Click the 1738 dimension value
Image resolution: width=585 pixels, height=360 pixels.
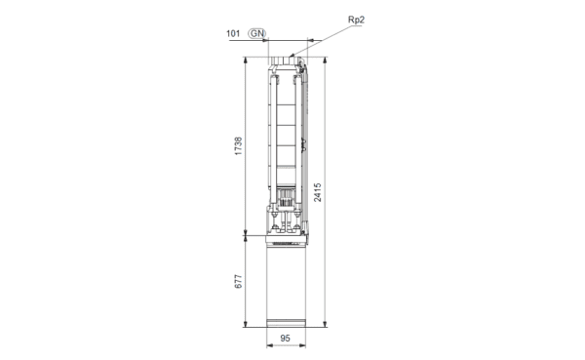click(x=238, y=146)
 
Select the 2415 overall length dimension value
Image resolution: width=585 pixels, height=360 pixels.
click(x=318, y=192)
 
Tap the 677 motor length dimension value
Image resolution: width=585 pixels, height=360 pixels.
click(x=238, y=281)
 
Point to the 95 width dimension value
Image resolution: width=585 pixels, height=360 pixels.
click(x=285, y=339)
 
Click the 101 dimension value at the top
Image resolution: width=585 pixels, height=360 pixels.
click(x=233, y=33)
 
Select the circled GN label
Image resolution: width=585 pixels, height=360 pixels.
click(x=257, y=33)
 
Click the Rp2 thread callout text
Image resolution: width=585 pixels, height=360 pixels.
click(x=356, y=20)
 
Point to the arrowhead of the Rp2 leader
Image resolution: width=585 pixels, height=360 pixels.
click(x=292, y=56)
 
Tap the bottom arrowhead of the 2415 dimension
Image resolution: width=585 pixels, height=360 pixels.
click(x=325, y=324)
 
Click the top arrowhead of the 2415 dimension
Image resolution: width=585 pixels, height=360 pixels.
click(x=325, y=60)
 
